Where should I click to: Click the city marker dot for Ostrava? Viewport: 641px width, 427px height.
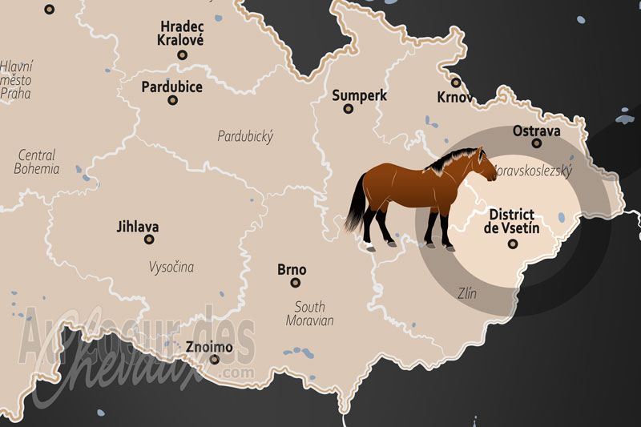click(537, 143)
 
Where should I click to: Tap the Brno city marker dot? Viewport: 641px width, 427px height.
click(295, 283)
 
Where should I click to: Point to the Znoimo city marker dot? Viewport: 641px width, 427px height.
click(214, 360)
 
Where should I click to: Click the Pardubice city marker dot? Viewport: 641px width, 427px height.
click(172, 100)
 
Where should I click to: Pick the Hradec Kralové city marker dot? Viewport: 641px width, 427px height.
click(183, 54)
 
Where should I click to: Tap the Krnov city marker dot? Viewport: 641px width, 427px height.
click(455, 82)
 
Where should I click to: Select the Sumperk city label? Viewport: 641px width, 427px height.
click(360, 95)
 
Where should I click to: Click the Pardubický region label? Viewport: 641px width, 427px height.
click(245, 136)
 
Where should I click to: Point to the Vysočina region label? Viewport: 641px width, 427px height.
click(171, 267)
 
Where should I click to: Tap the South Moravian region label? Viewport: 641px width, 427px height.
click(309, 313)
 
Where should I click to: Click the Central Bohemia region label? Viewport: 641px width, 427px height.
click(36, 162)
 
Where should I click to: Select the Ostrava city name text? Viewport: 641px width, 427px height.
click(536, 130)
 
